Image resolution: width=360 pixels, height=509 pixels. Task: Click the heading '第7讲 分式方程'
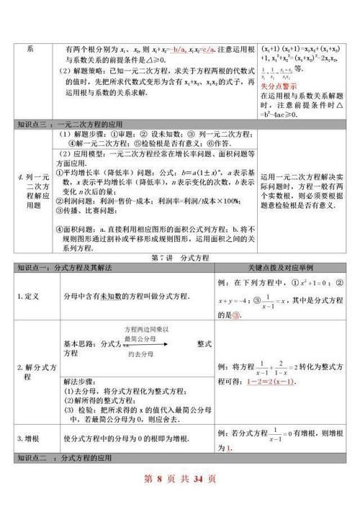(179, 257)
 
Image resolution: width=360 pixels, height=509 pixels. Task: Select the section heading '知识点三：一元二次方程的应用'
(66, 124)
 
